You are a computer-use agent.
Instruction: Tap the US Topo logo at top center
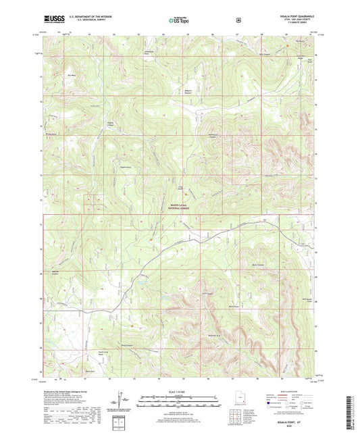click(179, 20)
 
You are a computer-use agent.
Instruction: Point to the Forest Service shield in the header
click(238, 20)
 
